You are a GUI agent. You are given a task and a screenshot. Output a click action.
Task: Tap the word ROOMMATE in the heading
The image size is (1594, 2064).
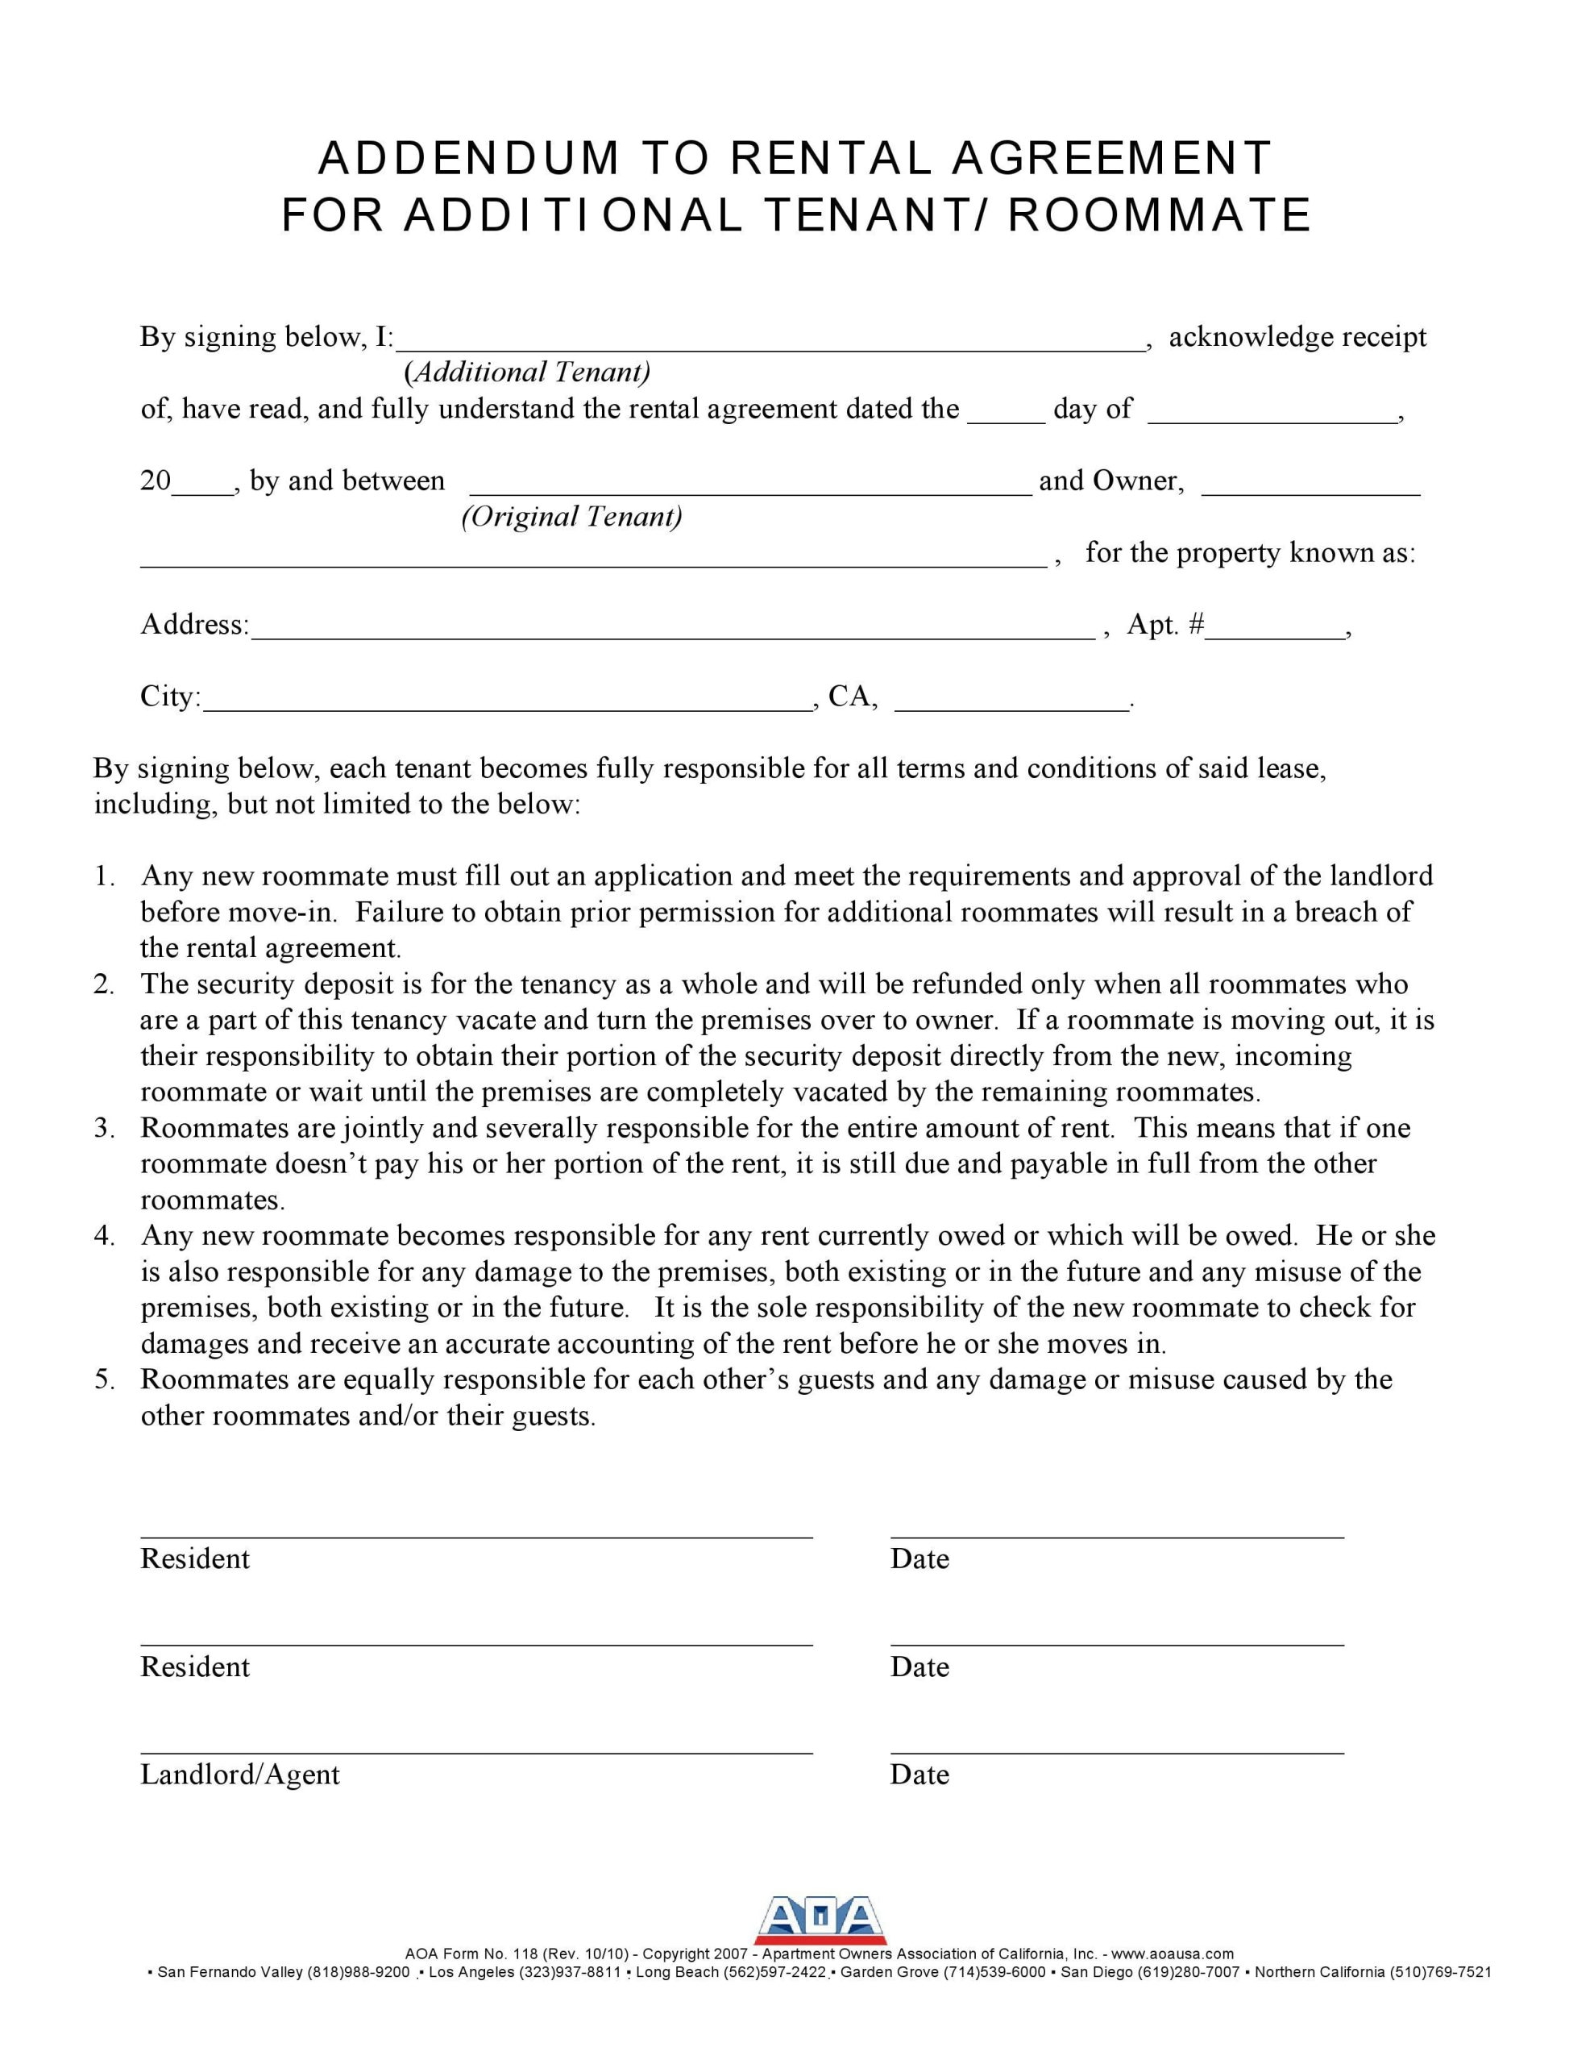1160,215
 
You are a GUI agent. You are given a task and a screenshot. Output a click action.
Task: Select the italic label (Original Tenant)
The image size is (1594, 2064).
571,516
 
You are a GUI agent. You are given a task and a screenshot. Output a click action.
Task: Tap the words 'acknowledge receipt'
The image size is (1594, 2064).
1297,337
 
